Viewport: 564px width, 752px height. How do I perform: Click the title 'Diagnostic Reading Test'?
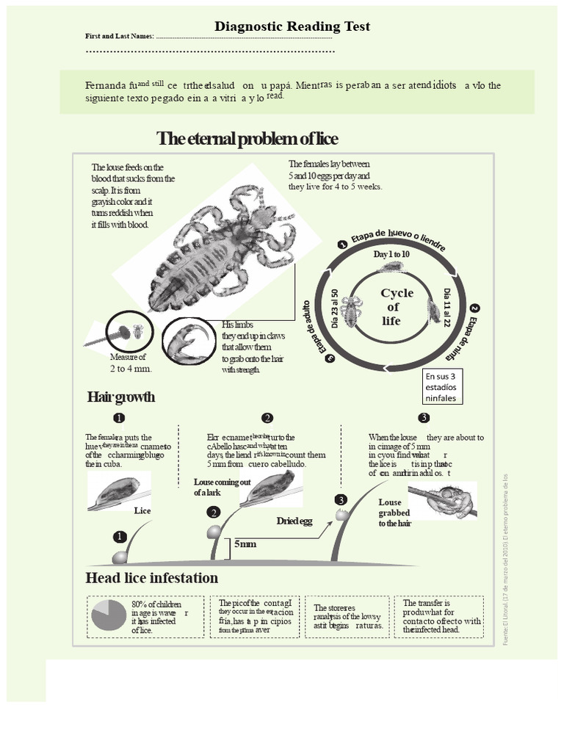click(292, 26)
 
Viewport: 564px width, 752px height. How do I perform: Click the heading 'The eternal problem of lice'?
click(247, 139)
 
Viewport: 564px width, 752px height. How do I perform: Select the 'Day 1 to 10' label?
click(391, 254)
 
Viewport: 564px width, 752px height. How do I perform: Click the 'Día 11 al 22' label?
click(447, 308)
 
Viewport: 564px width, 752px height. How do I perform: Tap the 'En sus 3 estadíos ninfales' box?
click(440, 387)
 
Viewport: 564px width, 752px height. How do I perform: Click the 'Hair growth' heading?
click(121, 397)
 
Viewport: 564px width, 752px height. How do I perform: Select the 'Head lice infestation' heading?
click(151, 577)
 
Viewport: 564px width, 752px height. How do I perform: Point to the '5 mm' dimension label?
click(245, 544)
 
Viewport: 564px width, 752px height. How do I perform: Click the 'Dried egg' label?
click(294, 521)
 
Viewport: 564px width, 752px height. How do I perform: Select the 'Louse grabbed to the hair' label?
click(394, 513)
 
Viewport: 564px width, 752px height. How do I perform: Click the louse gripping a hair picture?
click(444, 502)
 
